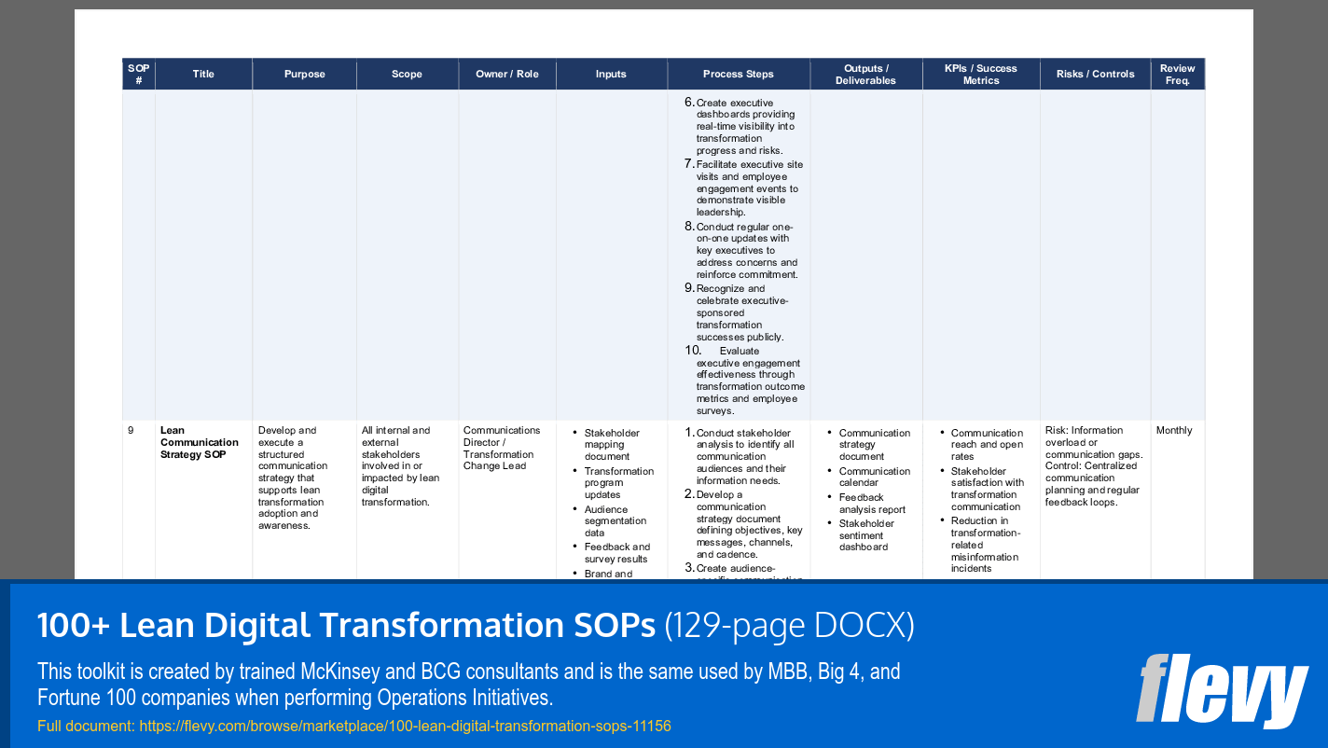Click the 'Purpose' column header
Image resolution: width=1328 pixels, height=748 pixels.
coord(304,75)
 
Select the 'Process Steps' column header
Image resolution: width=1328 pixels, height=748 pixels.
coord(738,75)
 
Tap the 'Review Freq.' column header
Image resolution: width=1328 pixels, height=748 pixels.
coord(1177,75)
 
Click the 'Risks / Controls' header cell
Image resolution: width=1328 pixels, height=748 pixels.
coord(1095,75)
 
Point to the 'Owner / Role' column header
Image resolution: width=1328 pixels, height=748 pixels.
coord(506,75)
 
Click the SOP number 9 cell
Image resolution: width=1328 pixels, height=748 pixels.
coord(131,431)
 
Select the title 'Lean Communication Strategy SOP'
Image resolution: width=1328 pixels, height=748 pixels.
coord(199,443)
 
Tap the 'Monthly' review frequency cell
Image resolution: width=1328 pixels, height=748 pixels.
coord(1173,431)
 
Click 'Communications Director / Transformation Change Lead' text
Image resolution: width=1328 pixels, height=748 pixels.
coord(501,449)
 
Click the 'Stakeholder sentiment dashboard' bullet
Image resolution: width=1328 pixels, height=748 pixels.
coord(866,535)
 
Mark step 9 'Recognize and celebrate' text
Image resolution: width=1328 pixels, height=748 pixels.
coord(741,312)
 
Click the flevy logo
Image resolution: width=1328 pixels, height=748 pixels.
coord(1221,690)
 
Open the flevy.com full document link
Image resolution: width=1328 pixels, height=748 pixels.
coord(405,726)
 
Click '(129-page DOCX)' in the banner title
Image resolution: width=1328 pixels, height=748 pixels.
coord(788,627)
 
